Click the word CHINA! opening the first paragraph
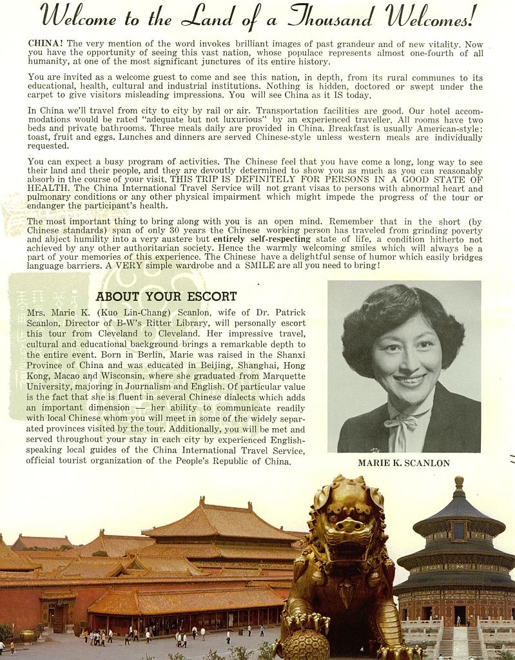(45, 43)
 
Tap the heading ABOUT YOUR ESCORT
(166, 296)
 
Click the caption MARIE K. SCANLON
(403, 463)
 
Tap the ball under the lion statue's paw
(305, 645)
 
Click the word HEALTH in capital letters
(49, 188)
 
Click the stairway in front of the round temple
(460, 641)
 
